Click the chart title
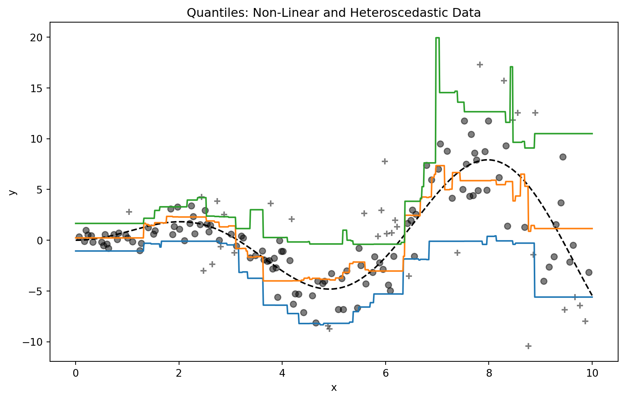tap(333, 13)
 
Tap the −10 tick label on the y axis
tap(36, 342)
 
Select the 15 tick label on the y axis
tap(40, 88)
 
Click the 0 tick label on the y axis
tap(42, 240)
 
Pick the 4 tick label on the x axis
tap(282, 370)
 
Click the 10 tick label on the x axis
tap(592, 370)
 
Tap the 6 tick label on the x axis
tap(386, 370)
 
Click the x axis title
tap(334, 388)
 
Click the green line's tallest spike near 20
tap(437, 38)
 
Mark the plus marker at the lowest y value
tap(528, 346)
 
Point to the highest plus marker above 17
tap(480, 65)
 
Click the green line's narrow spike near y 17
tap(511, 67)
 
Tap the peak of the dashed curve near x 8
tap(488, 160)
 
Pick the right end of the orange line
tap(592, 228)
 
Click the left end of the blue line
tap(76, 251)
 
